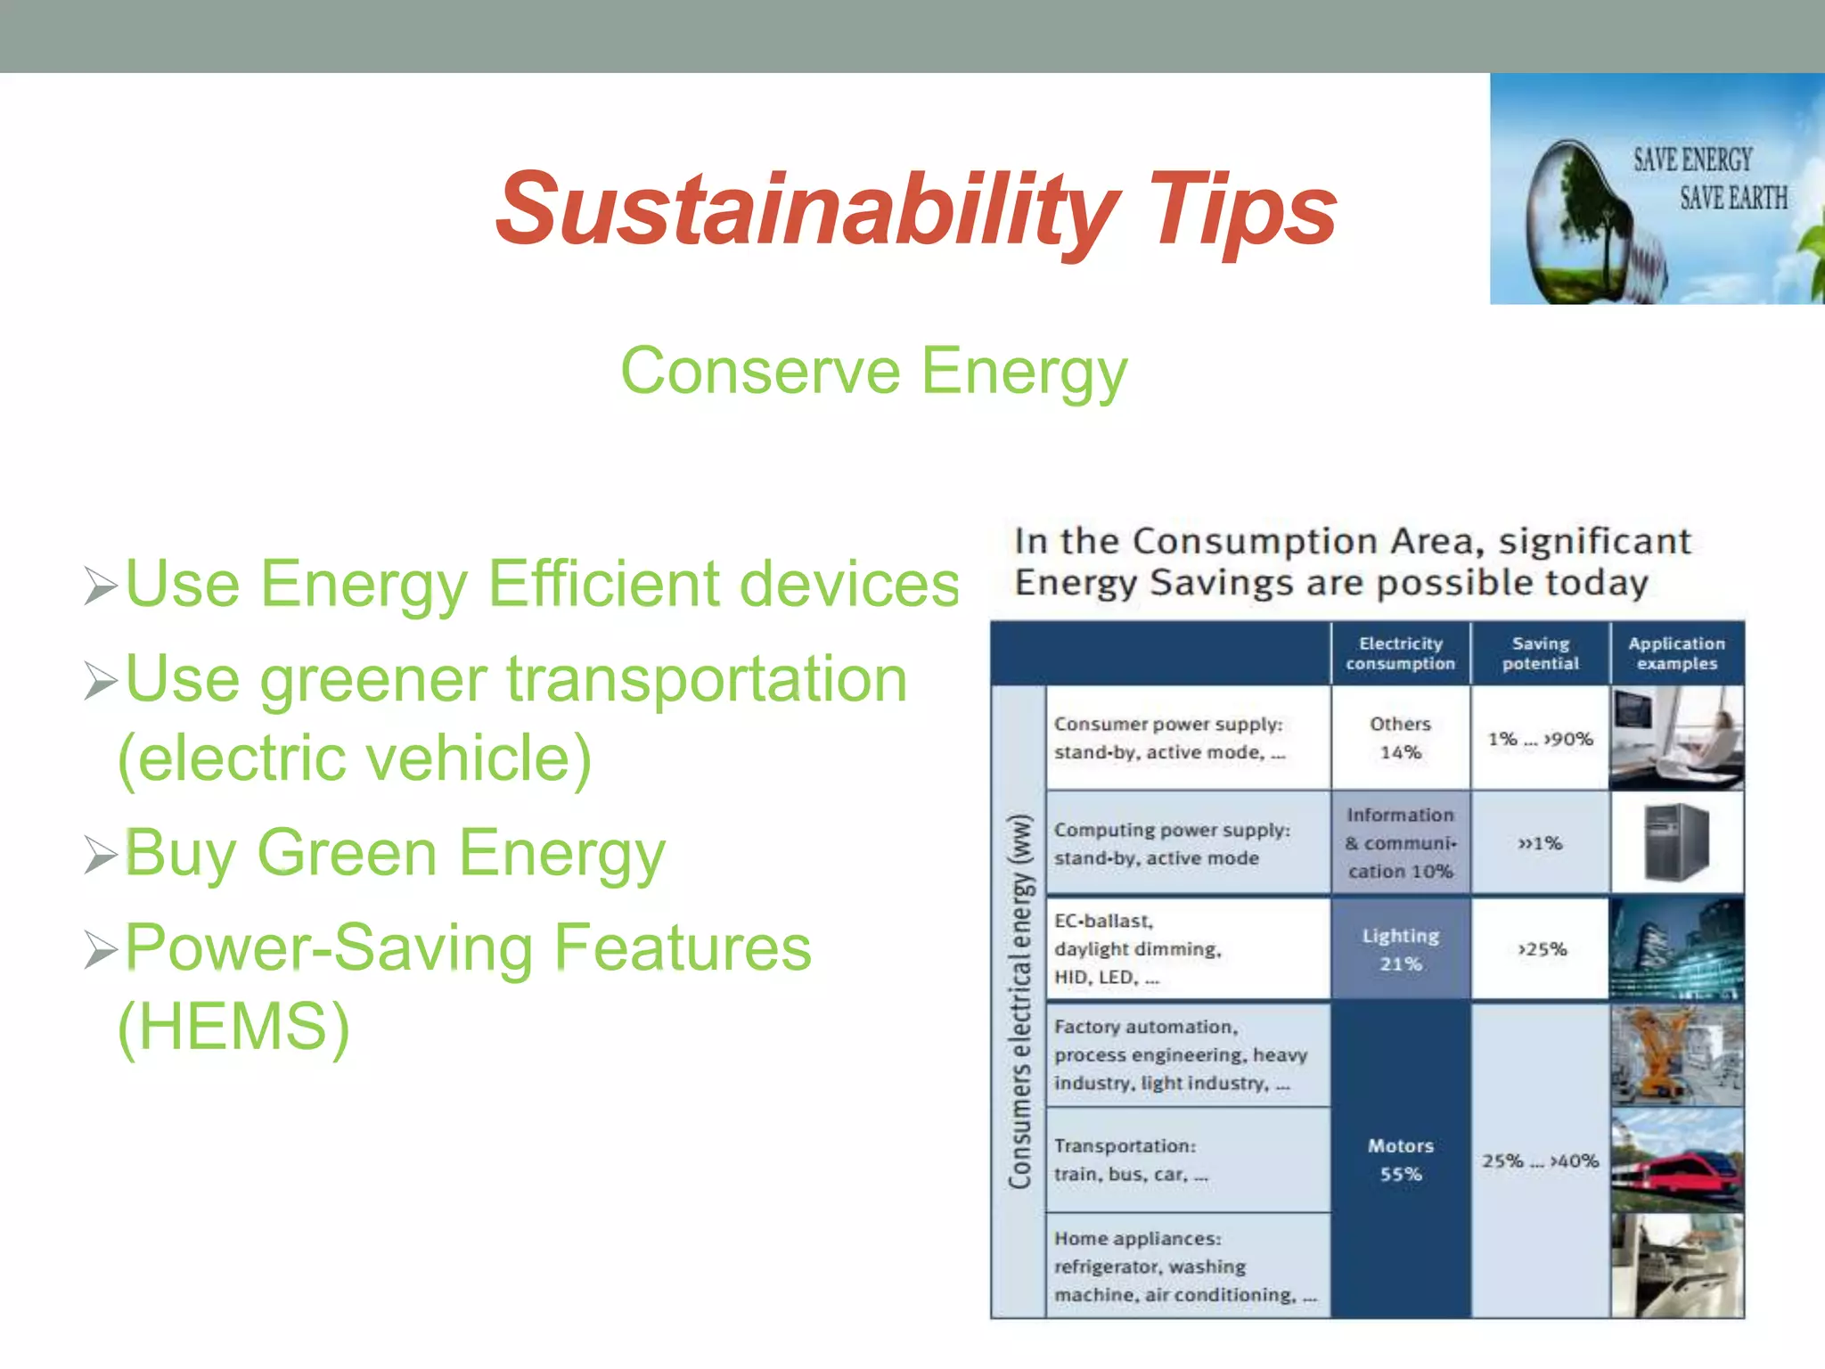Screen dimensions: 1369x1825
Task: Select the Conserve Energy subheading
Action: point(873,371)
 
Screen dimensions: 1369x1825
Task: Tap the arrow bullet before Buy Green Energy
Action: point(101,856)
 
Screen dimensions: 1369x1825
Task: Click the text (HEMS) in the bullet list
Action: point(233,1027)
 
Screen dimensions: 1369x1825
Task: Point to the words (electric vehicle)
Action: point(355,758)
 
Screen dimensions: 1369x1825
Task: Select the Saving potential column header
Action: point(1540,653)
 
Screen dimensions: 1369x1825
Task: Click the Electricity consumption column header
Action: point(1400,653)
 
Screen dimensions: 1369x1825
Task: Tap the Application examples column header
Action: point(1676,653)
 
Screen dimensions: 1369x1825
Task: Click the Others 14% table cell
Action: point(1400,738)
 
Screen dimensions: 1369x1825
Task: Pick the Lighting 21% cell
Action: point(1400,949)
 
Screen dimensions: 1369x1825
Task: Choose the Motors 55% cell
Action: point(1400,1160)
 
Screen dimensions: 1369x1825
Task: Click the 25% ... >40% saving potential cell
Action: point(1540,1160)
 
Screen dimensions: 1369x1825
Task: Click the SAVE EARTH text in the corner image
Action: point(1733,198)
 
